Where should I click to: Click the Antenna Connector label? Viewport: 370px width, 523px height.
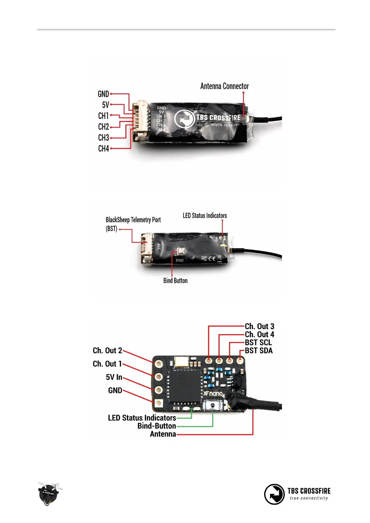(x=224, y=86)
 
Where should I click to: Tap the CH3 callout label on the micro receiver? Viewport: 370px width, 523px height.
(x=104, y=138)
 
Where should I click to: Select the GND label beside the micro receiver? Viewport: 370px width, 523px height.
(x=103, y=94)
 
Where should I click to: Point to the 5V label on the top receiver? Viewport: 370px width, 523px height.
(x=106, y=105)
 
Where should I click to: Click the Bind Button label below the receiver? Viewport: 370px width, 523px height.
(x=175, y=281)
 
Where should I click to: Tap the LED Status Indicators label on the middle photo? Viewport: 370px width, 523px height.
(x=205, y=216)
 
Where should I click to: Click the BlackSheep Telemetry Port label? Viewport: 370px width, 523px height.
(x=133, y=220)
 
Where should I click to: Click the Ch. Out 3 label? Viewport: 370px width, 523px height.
(x=259, y=326)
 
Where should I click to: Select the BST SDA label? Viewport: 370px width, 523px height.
(x=259, y=351)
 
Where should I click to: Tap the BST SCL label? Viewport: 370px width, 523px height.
(x=258, y=342)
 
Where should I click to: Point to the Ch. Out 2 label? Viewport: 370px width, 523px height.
(x=107, y=351)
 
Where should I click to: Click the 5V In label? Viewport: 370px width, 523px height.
(x=114, y=377)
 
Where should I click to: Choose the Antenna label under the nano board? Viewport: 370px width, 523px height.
(x=163, y=434)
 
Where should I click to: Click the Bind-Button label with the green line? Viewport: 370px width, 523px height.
(x=157, y=426)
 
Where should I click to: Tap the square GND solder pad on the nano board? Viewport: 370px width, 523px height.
(x=159, y=403)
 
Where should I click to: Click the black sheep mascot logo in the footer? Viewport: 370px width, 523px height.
(x=48, y=494)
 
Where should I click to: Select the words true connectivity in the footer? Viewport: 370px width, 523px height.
(x=309, y=498)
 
